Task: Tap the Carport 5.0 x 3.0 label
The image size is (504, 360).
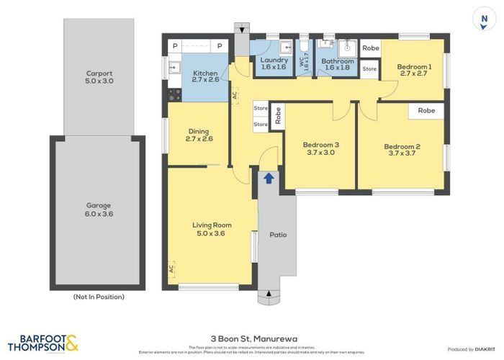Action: (x=100, y=77)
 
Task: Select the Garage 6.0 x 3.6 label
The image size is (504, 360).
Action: (x=99, y=210)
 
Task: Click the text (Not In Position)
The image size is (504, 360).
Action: (x=99, y=297)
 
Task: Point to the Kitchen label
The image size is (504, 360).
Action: (x=205, y=76)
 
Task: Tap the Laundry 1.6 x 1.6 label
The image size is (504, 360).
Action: (x=274, y=64)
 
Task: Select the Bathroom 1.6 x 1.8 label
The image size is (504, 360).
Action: (x=338, y=66)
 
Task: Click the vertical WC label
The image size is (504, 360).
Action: (x=303, y=63)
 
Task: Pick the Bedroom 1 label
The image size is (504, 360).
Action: (x=414, y=71)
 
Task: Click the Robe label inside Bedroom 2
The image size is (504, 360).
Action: (x=426, y=111)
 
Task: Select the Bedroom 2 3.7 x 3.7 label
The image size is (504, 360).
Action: (x=403, y=150)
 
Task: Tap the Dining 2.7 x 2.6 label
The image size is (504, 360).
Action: (x=198, y=135)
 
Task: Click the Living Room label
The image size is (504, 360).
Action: (x=212, y=230)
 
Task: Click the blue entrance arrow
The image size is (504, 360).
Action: (x=269, y=177)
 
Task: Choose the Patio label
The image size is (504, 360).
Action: (x=278, y=235)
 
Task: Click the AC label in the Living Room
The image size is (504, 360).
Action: (x=171, y=269)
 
